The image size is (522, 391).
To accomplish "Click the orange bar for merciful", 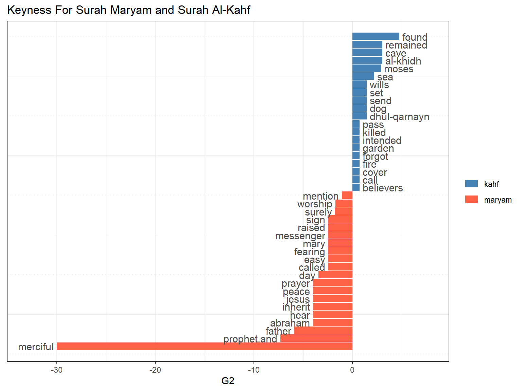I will (204, 346).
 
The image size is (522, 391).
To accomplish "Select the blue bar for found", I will (376, 36).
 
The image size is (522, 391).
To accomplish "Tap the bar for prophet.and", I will (316, 338).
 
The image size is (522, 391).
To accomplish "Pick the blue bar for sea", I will (363, 76).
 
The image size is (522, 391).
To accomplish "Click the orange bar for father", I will (323, 330).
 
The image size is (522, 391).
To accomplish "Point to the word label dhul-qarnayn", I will (399, 117).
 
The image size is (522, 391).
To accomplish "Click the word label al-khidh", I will (403, 61).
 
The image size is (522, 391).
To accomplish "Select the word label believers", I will (383, 188).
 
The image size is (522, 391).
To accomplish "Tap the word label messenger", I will (300, 236).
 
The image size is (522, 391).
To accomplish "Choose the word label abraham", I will (290, 323).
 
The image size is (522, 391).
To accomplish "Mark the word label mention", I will (320, 196).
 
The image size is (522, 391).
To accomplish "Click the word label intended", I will (382, 141).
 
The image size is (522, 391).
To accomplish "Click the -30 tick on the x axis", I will (57, 370).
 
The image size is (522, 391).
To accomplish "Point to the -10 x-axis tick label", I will (254, 370).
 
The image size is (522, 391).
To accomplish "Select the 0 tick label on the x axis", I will (352, 370).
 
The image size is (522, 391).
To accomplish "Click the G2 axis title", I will (228, 381).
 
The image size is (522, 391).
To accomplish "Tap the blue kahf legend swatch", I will (471, 184).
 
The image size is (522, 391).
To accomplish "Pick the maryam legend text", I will (498, 200).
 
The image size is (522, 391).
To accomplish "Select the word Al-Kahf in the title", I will (231, 10).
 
